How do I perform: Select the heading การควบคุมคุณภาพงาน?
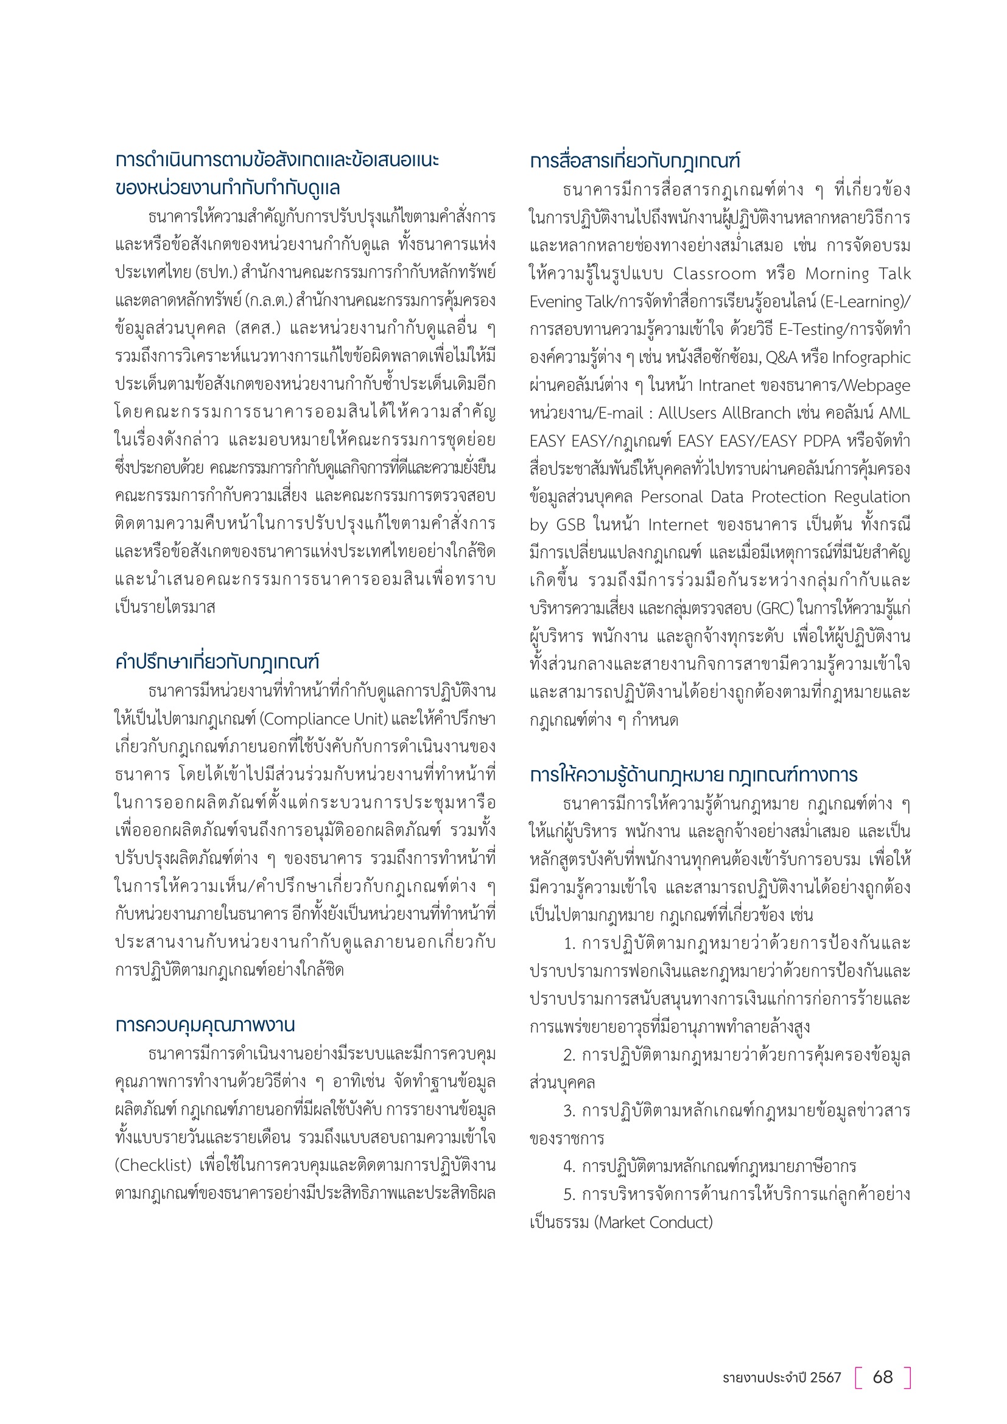205,1025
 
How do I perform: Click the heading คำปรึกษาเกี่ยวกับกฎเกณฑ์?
217,662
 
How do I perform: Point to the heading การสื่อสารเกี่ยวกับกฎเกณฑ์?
634,161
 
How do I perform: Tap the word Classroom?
714,273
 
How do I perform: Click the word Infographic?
871,358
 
